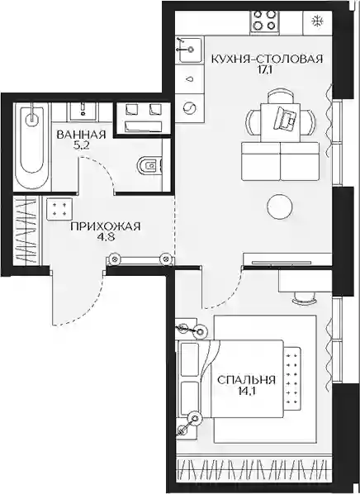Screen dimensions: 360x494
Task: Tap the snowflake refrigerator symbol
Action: pos(315,21)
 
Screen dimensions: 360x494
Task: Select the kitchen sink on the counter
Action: pos(188,50)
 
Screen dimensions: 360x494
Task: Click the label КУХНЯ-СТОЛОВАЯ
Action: pos(267,59)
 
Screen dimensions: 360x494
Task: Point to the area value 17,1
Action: pos(265,69)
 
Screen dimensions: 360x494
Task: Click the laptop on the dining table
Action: pos(286,117)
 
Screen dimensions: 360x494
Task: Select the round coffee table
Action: pos(280,207)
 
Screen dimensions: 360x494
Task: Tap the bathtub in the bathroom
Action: pos(31,146)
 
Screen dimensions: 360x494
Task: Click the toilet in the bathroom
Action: pos(150,165)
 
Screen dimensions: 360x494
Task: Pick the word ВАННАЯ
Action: pos(81,135)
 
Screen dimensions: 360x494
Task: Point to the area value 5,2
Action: pos(78,145)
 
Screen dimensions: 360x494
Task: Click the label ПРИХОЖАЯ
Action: pos(106,226)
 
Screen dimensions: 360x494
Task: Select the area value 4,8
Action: pos(106,237)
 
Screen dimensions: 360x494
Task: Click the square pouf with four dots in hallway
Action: pos(59,209)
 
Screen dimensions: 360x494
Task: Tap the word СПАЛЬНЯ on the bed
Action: pos(246,380)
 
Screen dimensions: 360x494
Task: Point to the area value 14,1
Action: pos(246,391)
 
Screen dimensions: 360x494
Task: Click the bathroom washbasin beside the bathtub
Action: pos(83,112)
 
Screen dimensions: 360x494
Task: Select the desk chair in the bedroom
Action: pos(304,298)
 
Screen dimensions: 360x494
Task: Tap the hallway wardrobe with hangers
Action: pos(28,230)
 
